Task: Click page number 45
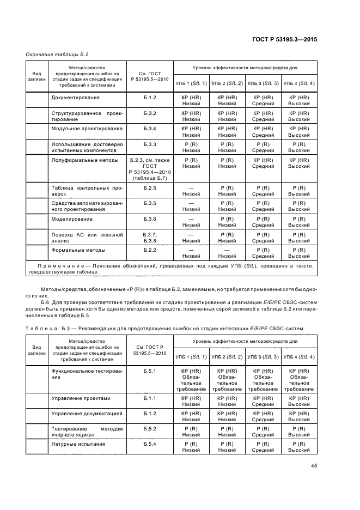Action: [314, 466]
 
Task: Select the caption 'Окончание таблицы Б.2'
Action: [57, 54]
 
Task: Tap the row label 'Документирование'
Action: [75, 98]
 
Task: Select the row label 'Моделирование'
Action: [72, 219]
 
